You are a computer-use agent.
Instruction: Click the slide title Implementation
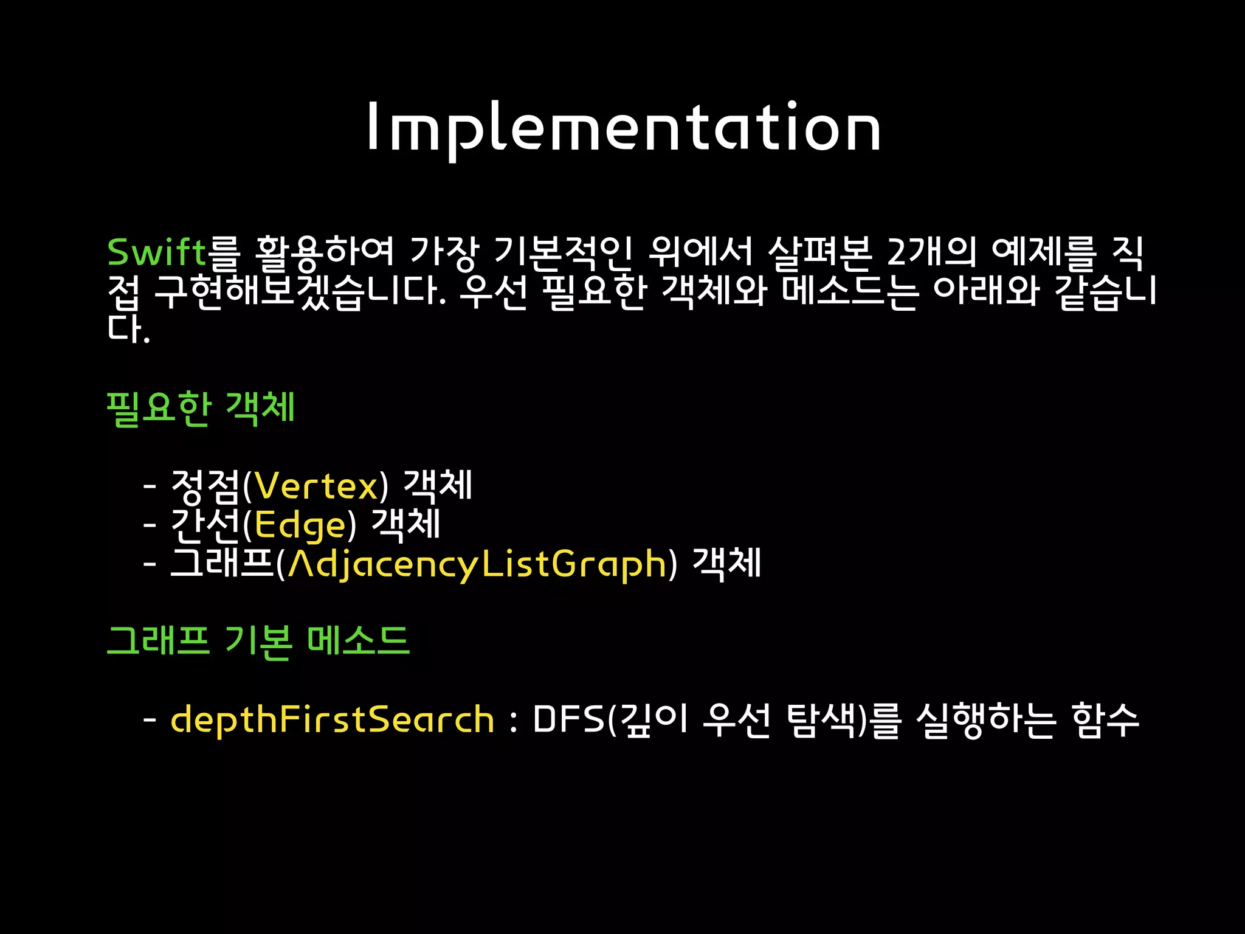pos(623,128)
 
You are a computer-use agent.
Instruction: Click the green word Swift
pos(156,252)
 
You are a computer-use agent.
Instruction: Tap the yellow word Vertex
pos(316,486)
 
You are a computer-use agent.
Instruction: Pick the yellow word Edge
pos(300,525)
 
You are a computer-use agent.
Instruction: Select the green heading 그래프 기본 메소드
pos(258,641)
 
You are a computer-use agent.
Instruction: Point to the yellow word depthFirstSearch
pos(332,720)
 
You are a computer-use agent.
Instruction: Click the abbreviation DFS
pos(569,720)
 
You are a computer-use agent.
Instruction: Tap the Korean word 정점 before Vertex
pos(205,486)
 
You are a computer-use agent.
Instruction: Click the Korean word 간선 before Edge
pos(205,525)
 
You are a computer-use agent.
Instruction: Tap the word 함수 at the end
pos(1105,720)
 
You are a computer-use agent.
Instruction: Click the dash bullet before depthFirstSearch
pos(150,720)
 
